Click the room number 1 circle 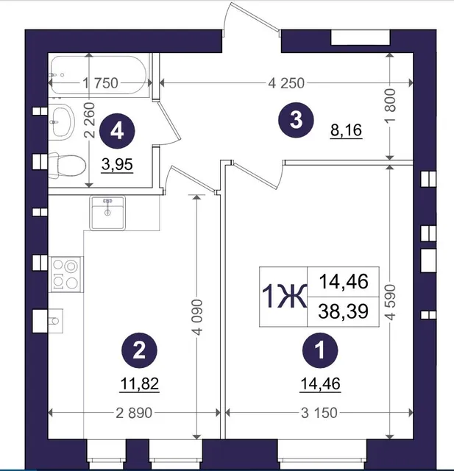coord(320,350)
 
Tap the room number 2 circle coord(139,350)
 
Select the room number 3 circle coord(296,120)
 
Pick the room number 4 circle coord(117,131)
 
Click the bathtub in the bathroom coord(99,75)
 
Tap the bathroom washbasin coord(62,121)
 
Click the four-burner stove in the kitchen coord(66,275)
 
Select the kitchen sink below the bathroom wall coord(107,213)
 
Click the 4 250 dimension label coord(286,83)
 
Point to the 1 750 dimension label coord(100,83)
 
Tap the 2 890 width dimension coord(134,413)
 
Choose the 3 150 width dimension coord(319,413)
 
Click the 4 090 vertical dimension coord(197,317)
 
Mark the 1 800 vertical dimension coord(390,105)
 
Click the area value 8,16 coord(347,130)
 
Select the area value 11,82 coord(139,384)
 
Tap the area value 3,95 coord(117,165)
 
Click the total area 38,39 coord(343,311)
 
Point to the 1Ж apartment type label coord(284,297)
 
